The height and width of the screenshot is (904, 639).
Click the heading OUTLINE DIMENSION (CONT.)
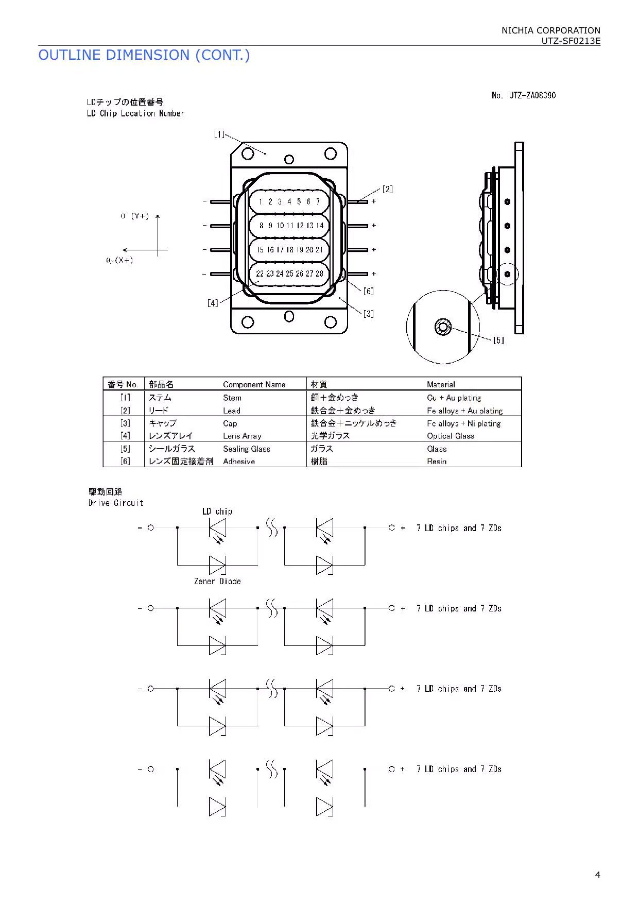(144, 55)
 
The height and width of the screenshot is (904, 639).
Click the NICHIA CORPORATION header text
(550, 30)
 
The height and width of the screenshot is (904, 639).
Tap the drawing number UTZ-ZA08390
(524, 95)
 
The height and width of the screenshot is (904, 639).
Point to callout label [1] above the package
(219, 134)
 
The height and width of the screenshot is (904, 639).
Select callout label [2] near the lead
(387, 189)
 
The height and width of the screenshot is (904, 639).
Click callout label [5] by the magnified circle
(498, 340)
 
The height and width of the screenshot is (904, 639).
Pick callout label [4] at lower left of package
(213, 303)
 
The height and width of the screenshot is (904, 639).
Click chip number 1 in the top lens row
(261, 201)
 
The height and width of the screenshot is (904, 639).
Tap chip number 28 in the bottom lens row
(319, 274)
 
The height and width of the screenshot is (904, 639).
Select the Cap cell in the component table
(230, 423)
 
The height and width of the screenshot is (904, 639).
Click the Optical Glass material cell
(450, 436)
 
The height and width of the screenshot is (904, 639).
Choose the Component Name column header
(254, 384)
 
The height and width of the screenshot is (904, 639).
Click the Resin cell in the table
(436, 462)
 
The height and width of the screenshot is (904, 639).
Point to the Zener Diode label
(217, 581)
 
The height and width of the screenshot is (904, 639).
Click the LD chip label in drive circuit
(217, 511)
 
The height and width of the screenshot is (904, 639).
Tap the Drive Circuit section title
(116, 503)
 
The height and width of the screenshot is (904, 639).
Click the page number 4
(597, 874)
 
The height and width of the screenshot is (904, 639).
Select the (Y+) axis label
(140, 216)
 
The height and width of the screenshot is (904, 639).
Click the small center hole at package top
(289, 159)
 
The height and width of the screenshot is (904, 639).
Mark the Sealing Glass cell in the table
(246, 449)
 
